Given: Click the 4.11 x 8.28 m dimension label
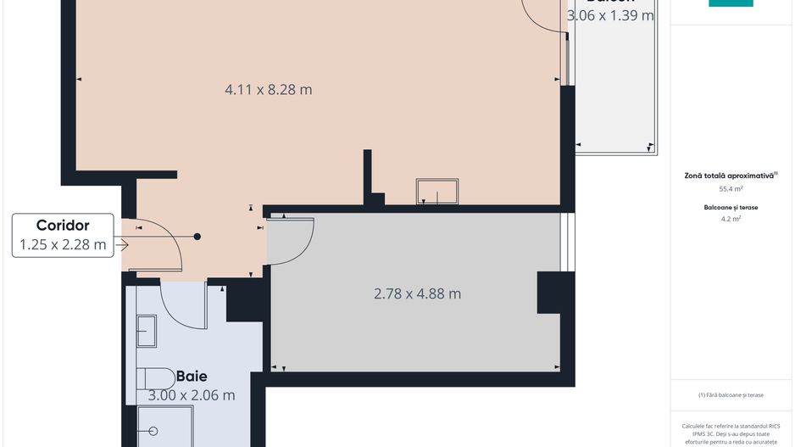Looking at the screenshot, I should point(269,89).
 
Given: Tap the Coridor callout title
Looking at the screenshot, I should point(63,226).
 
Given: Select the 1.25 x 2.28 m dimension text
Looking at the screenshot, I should point(63,246).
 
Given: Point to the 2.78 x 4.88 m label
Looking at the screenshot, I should point(417,294).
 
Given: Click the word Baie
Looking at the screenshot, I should point(192,376).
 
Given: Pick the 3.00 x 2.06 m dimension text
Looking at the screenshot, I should point(192,395).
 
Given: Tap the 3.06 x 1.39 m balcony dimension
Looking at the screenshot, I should point(610,15).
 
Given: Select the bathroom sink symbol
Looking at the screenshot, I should point(146,330).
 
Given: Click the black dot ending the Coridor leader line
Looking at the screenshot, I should point(197,237).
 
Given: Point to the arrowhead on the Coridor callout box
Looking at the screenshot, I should point(123,245).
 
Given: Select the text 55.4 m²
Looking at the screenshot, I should point(731,189).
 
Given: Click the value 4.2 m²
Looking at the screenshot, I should point(731,219).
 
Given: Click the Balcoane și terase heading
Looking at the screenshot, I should point(731,207).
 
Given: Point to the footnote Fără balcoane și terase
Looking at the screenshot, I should point(731,395).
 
